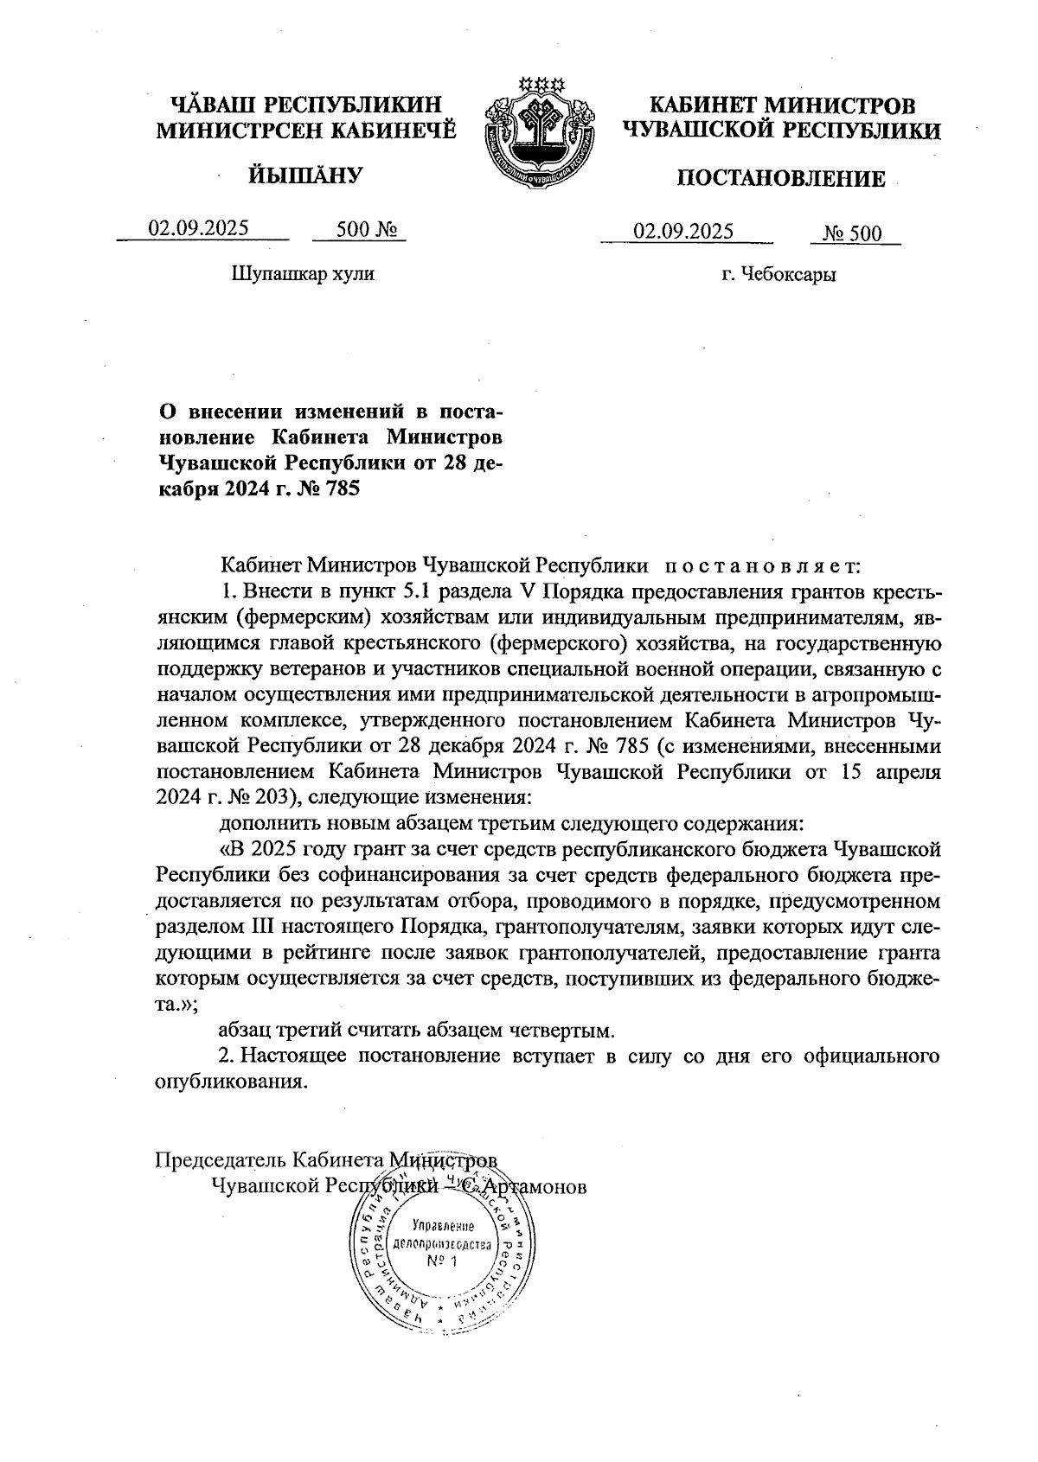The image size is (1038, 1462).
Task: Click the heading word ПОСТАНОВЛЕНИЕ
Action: (780, 179)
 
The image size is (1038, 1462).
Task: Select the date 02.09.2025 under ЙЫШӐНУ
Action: (199, 228)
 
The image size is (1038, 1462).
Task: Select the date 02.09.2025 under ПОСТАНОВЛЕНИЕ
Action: (683, 231)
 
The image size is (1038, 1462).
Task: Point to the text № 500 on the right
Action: (851, 233)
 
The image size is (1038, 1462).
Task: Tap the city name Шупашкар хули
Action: (303, 274)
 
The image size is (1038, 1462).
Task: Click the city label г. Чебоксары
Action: (779, 276)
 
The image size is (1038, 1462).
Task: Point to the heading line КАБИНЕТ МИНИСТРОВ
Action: (782, 106)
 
